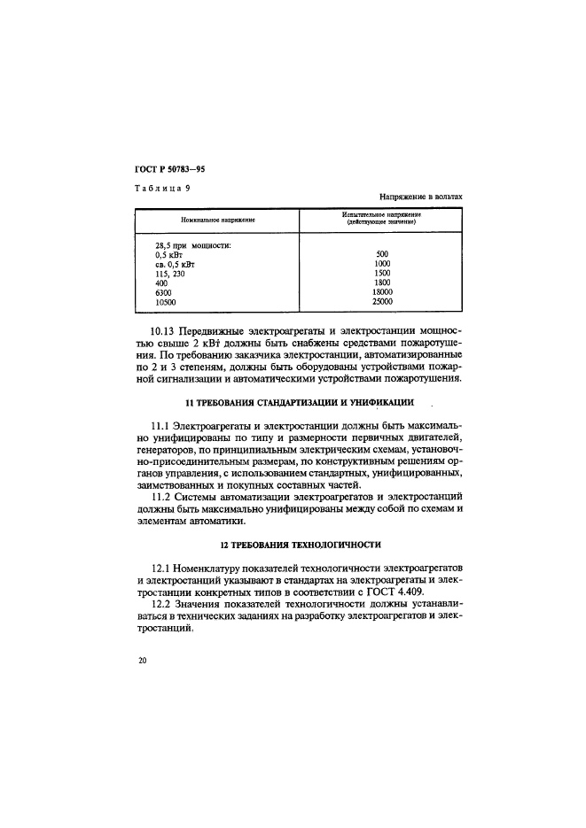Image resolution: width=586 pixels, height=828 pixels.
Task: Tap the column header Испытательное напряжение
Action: click(x=381, y=215)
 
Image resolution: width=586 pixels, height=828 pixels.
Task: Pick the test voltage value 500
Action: click(x=382, y=254)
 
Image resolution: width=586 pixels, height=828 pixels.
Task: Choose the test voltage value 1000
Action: click(x=382, y=264)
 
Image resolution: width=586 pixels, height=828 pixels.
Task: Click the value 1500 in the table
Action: click(x=382, y=274)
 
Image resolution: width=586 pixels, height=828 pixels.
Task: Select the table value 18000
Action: click(x=382, y=292)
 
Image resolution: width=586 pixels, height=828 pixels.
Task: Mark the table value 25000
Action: click(x=382, y=302)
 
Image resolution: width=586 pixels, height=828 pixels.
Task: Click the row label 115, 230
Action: click(x=172, y=274)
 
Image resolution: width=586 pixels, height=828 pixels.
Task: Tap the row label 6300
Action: click(x=163, y=292)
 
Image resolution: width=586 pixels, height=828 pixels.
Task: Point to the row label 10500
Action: click(x=166, y=302)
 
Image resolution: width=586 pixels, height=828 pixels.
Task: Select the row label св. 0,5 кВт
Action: click(x=175, y=264)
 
